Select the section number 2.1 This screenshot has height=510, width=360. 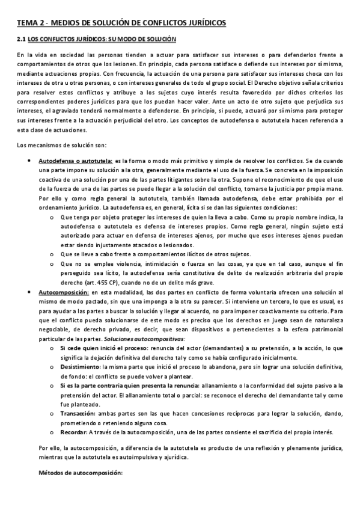point(21,40)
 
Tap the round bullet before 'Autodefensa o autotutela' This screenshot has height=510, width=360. point(30,162)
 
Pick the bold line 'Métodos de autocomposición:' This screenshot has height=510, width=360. point(81,473)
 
